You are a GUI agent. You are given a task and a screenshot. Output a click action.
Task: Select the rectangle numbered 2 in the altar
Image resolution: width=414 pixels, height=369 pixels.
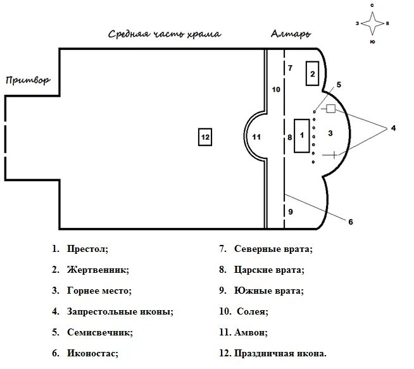click(311, 73)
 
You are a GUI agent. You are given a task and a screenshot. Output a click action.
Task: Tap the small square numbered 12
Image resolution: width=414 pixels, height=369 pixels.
click(204, 137)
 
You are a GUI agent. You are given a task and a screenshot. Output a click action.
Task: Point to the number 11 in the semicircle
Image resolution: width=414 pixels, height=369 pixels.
click(256, 137)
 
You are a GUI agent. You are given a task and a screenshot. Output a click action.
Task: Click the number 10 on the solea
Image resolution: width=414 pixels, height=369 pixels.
click(275, 90)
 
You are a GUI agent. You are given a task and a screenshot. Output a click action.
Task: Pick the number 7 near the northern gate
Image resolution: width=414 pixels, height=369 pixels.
click(290, 67)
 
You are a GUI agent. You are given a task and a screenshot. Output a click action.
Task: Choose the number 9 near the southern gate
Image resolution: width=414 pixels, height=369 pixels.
click(291, 211)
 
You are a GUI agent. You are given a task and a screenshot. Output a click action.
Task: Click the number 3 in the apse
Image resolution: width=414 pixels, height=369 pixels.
click(330, 134)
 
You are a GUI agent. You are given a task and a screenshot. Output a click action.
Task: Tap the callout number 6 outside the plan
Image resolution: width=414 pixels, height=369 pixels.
click(350, 222)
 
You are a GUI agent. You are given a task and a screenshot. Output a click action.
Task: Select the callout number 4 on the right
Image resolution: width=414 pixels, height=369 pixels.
click(392, 128)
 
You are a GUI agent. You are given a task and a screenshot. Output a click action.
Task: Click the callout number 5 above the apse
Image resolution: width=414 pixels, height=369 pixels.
click(339, 84)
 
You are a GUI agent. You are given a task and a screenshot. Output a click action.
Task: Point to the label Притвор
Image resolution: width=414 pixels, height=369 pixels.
click(27, 80)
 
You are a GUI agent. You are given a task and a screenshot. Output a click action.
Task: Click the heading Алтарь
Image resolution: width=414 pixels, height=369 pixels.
click(291, 34)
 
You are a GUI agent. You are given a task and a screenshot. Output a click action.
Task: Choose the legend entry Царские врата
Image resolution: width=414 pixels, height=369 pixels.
click(268, 270)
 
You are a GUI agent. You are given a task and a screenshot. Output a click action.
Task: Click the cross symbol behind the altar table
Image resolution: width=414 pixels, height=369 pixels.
click(331, 154)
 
